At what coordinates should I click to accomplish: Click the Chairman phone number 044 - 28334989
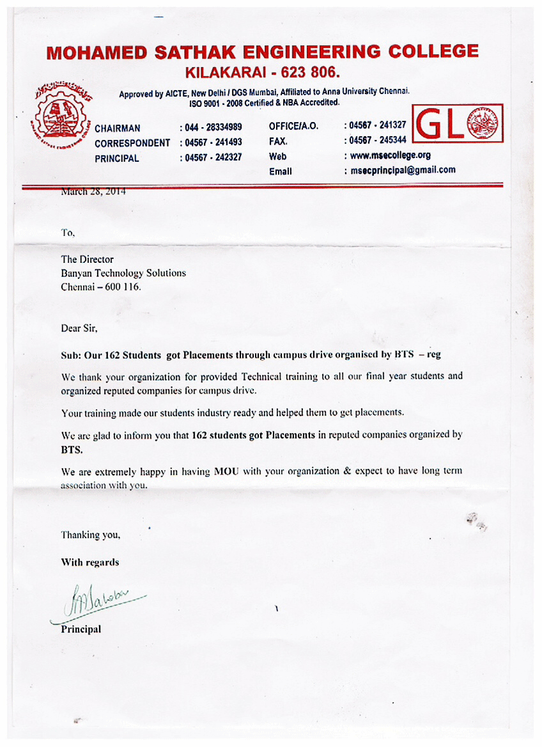pyautogui.click(x=213, y=127)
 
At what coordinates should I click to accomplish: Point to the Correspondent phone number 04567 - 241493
pyautogui.click(x=213, y=142)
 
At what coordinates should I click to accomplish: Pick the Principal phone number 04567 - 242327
pyautogui.click(x=213, y=157)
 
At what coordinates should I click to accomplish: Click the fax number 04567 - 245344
pyautogui.click(x=379, y=140)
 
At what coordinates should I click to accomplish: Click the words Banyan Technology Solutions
pyautogui.click(x=123, y=273)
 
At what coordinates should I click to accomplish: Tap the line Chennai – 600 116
pyautogui.click(x=101, y=287)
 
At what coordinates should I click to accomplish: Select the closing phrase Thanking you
pyautogui.click(x=90, y=535)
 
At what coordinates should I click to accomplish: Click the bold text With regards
pyautogui.click(x=89, y=562)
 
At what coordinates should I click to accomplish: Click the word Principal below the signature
pyautogui.click(x=81, y=629)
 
